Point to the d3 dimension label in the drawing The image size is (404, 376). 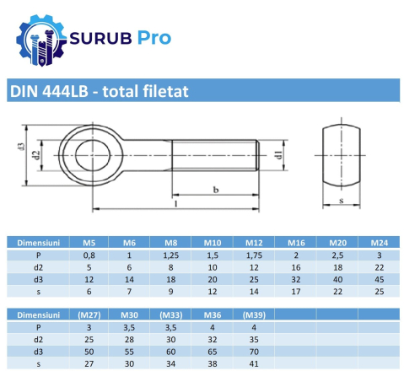coord(19,148)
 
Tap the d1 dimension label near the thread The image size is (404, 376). coord(277,154)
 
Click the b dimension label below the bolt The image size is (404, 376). coord(216,191)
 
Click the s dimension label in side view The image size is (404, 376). coord(341,201)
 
